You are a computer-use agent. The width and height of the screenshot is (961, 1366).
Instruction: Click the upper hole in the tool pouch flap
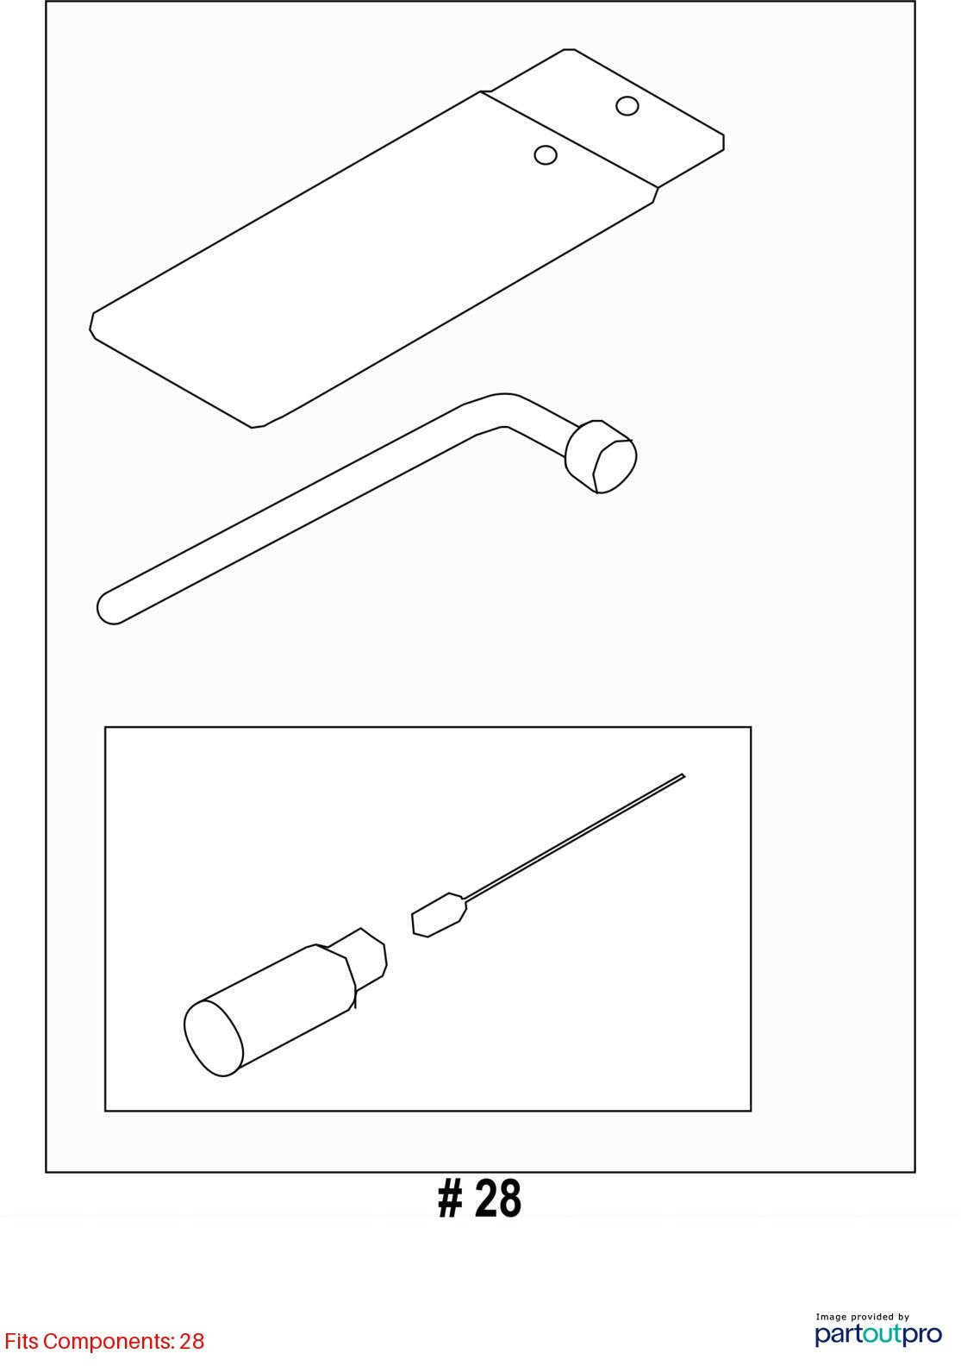[627, 106]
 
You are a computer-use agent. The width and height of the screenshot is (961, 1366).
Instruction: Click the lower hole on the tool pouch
[545, 155]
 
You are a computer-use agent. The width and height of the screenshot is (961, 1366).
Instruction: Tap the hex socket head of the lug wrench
[602, 456]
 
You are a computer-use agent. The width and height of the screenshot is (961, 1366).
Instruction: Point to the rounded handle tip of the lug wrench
[109, 607]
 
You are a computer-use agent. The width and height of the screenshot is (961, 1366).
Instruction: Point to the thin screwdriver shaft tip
[683, 775]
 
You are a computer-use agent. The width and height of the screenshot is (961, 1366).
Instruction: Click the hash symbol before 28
[450, 1198]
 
